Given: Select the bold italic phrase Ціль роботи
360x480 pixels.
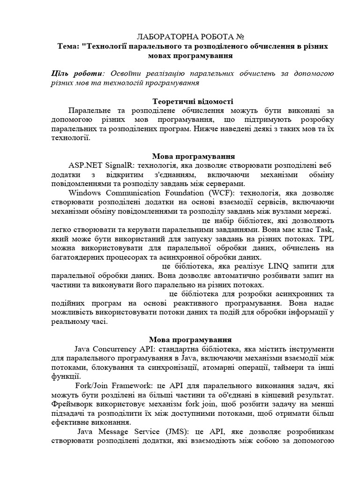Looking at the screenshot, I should point(76,74).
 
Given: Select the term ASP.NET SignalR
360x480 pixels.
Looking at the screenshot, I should point(97,165).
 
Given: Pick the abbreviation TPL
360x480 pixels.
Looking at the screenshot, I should point(324,239).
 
